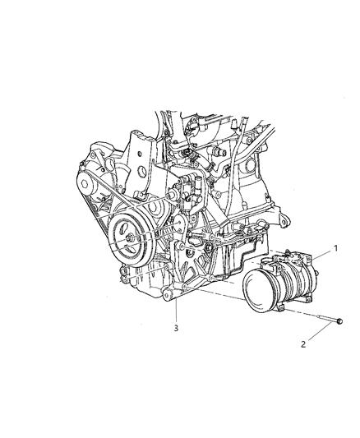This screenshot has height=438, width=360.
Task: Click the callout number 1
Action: tap(335, 247)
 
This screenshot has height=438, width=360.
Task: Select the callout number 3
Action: tap(175, 328)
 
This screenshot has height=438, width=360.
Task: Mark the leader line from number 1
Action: tap(322, 255)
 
